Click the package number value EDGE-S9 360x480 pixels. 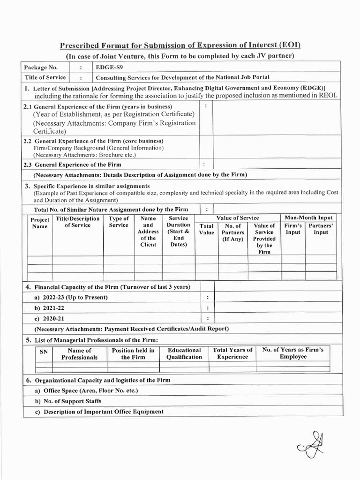(105, 67)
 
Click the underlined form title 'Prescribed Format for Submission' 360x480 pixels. (180, 45)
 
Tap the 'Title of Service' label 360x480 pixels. (45, 77)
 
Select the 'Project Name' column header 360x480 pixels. (40, 223)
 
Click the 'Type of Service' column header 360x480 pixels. (119, 222)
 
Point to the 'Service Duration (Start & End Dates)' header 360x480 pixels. (178, 232)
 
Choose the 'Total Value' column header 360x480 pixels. (206, 229)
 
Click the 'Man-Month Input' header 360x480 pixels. (308, 217)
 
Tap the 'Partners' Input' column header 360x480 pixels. (321, 229)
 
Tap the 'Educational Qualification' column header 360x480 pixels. (184, 353)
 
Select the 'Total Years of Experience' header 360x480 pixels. (232, 353)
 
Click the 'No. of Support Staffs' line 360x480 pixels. (68, 401)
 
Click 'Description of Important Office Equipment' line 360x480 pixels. (99, 412)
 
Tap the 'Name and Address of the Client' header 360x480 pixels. (148, 232)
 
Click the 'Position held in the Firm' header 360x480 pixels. (133, 353)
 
